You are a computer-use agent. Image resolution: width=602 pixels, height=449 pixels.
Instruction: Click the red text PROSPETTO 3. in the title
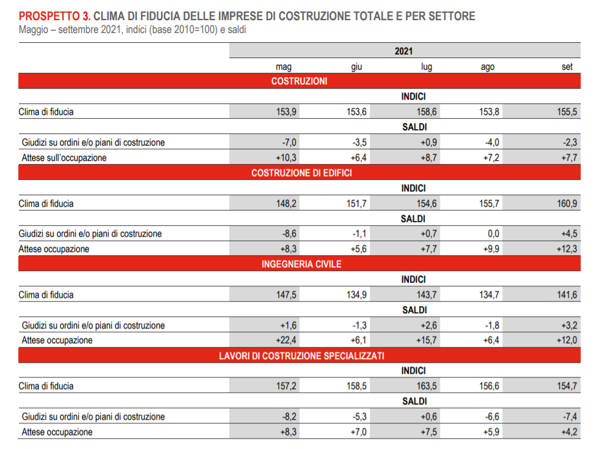54,16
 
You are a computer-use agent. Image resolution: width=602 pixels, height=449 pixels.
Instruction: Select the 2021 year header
403,51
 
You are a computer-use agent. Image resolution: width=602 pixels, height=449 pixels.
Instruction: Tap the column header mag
284,67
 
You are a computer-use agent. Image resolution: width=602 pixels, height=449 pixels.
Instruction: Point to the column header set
567,67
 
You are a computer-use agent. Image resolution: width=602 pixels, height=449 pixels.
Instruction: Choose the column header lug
427,67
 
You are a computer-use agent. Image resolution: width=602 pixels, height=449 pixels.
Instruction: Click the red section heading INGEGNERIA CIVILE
301,264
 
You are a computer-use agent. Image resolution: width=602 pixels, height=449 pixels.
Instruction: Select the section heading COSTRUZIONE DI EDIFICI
301,173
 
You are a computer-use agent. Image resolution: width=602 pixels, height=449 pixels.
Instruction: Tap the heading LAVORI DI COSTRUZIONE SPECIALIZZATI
301,355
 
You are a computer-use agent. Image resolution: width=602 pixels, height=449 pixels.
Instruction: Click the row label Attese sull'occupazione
64,158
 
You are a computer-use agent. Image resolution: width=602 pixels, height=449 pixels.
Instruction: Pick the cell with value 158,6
427,112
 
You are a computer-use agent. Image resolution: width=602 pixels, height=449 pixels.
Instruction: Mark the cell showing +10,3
286,158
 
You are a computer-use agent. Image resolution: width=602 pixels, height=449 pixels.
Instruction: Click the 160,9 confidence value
567,203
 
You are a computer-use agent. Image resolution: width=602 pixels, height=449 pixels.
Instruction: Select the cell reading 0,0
493,234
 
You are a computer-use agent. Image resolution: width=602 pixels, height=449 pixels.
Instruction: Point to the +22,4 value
286,340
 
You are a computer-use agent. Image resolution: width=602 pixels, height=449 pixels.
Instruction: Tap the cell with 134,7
489,295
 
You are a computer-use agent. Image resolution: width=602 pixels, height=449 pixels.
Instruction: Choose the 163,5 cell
427,386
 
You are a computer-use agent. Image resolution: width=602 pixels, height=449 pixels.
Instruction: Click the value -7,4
570,417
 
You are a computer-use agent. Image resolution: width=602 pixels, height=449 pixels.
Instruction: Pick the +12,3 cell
567,249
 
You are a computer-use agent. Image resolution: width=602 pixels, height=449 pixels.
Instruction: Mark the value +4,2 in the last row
569,432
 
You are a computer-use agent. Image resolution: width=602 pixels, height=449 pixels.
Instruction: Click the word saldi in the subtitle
237,29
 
